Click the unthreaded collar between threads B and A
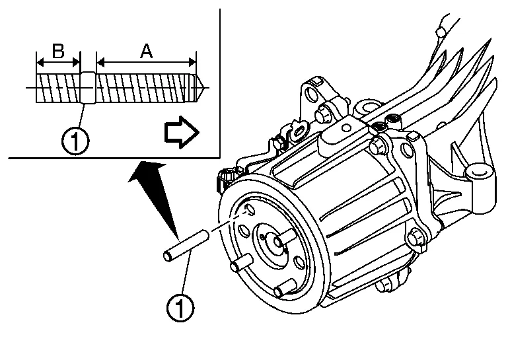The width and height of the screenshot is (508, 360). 88,87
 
